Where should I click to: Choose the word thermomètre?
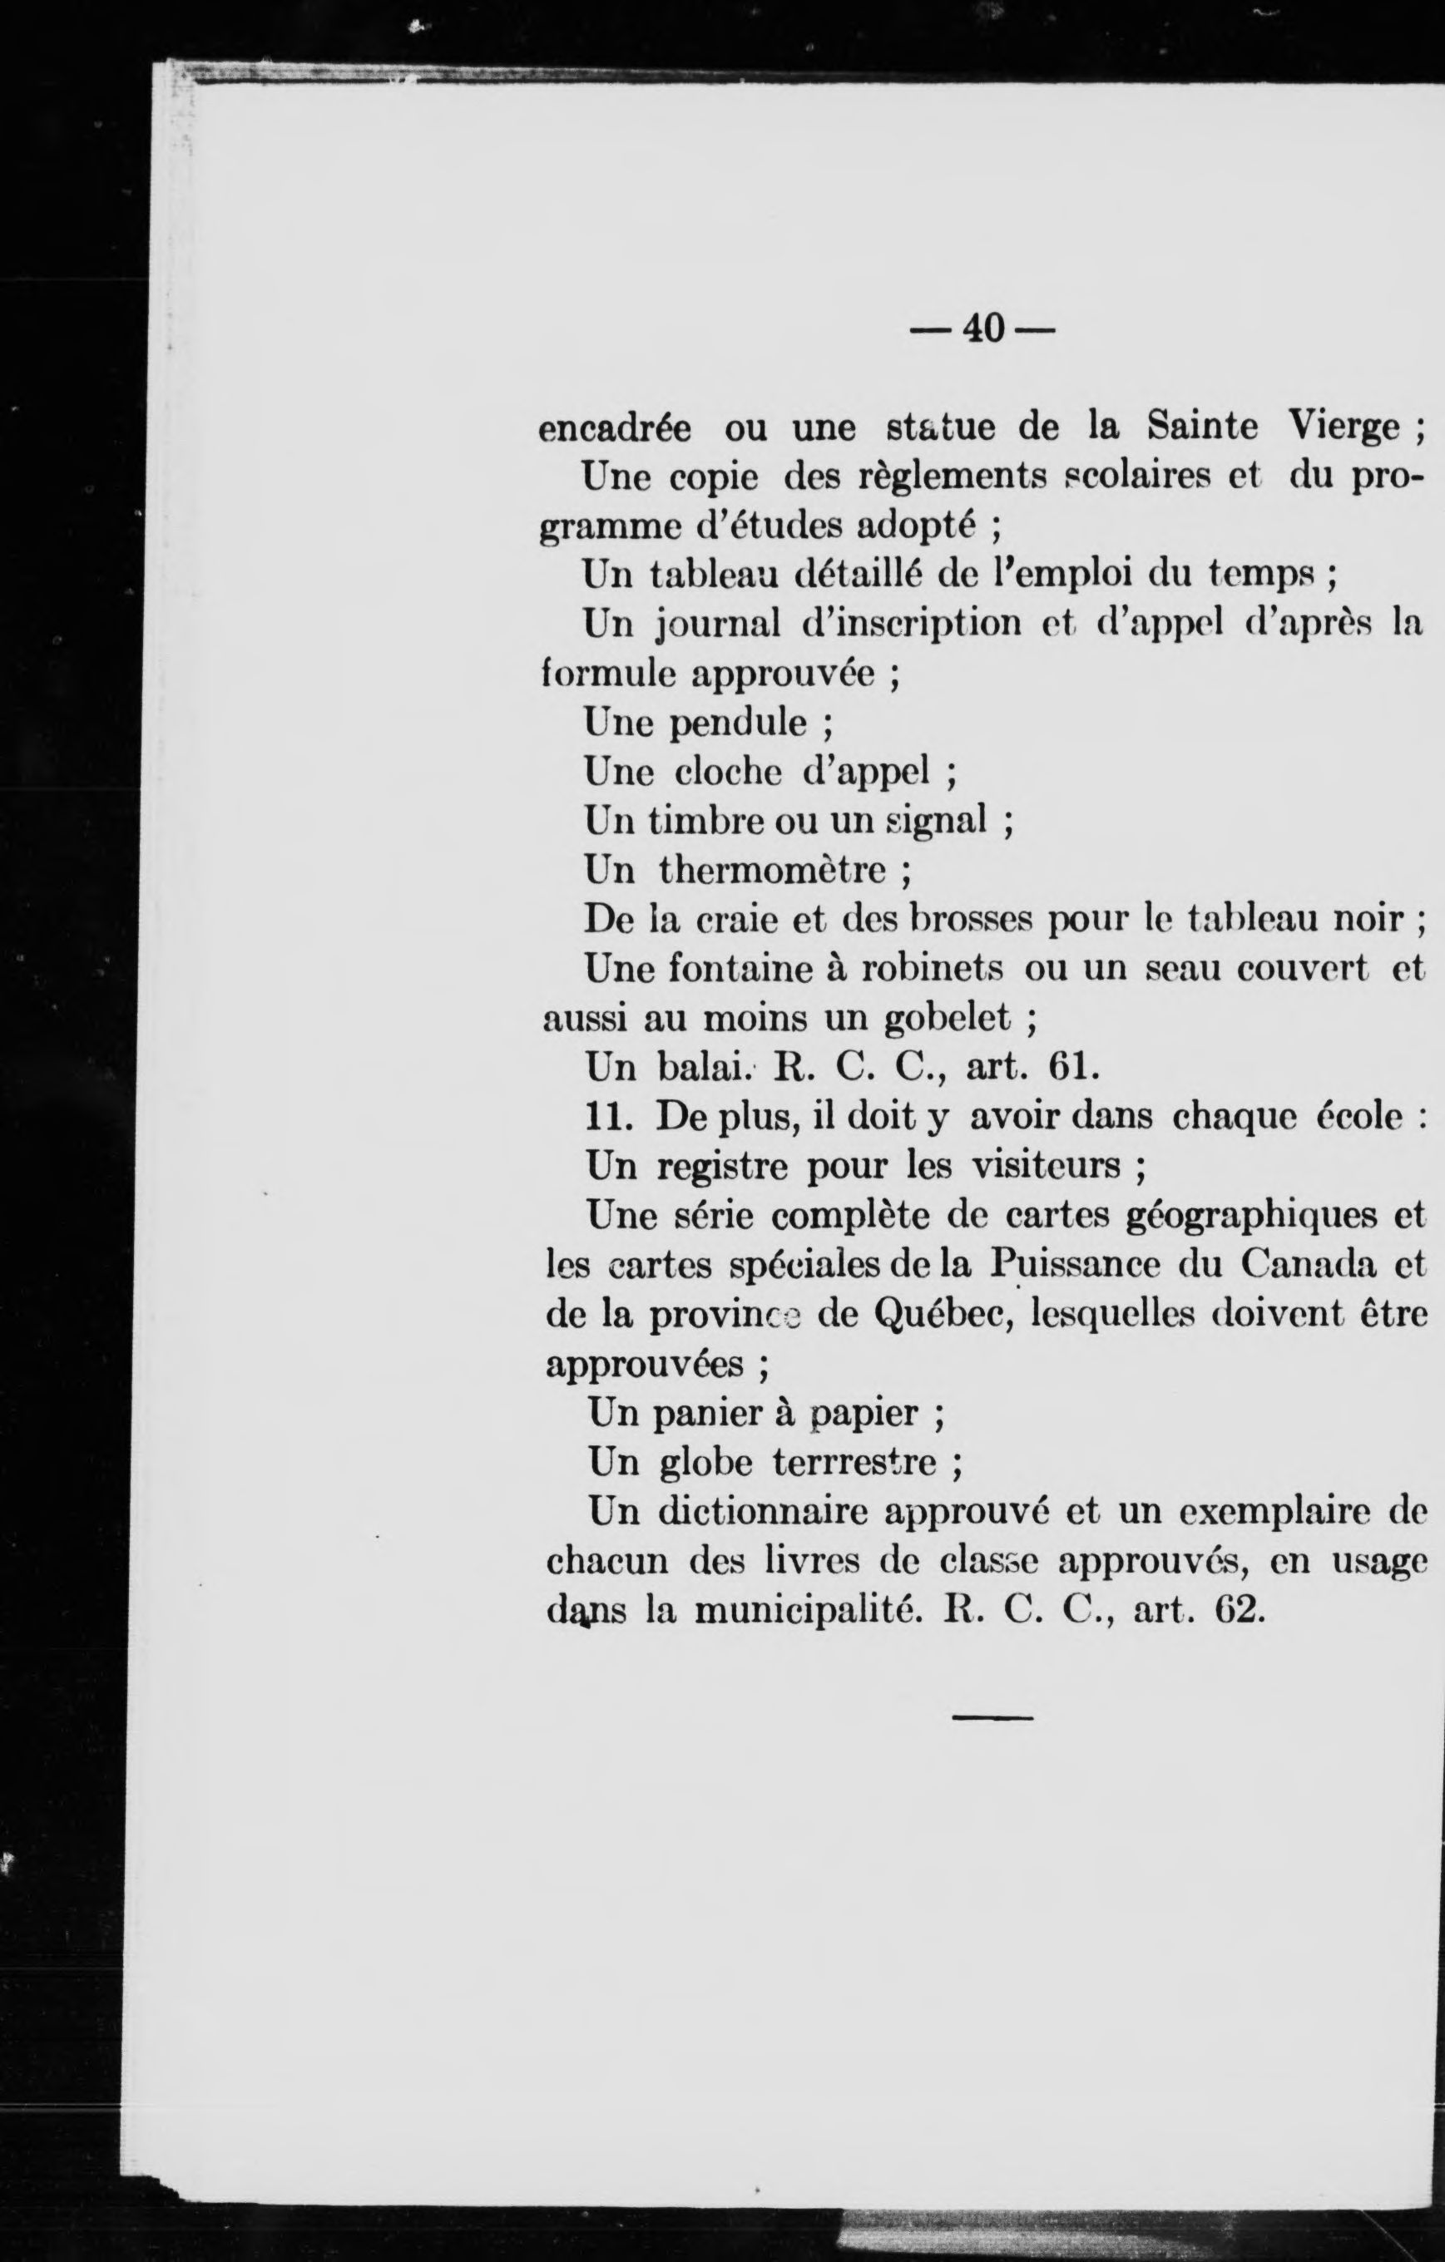click(772, 871)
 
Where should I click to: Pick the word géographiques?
click(1254, 1216)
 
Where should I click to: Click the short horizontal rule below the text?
click(992, 1718)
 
